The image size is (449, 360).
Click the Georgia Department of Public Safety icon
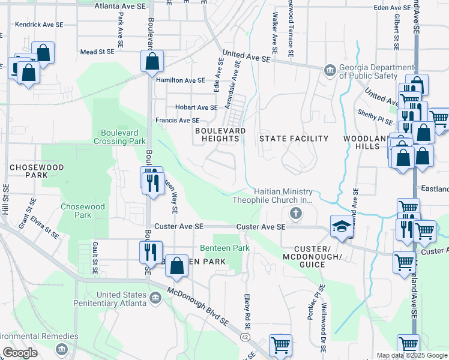pyautogui.click(x=329, y=71)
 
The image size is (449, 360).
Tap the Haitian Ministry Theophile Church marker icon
pyautogui.click(x=295, y=213)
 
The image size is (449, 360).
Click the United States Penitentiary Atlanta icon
pyautogui.click(x=155, y=297)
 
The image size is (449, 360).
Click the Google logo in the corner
pyautogui.click(x=20, y=353)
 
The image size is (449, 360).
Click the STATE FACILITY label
pyautogui.click(x=294, y=139)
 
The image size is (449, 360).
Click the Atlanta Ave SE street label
pyautogui.click(x=121, y=5)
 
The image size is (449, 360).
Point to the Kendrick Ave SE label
pyautogui.click(x=39, y=25)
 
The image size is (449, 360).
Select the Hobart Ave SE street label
pyautogui.click(x=196, y=107)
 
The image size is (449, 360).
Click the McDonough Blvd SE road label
pyautogui.click(x=198, y=313)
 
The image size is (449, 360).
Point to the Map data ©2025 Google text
pyautogui.click(x=412, y=355)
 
